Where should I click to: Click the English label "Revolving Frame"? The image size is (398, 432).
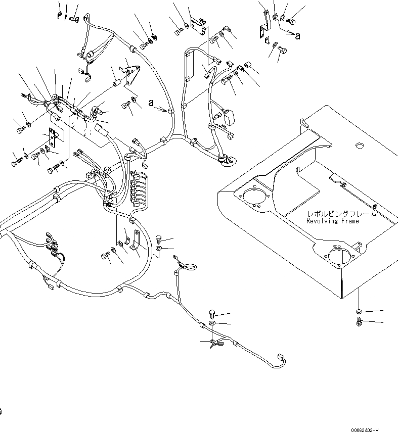pyautogui.click(x=332, y=221)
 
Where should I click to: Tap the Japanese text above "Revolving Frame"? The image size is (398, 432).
pyautogui.click(x=341, y=214)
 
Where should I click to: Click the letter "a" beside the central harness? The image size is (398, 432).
pyautogui.click(x=151, y=103)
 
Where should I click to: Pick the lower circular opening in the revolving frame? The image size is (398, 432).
pyautogui.click(x=336, y=256)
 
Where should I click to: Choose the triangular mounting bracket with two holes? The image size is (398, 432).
pyautogui.click(x=130, y=74)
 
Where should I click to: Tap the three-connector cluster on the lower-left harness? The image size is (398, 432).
pyautogui.click(x=52, y=247)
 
